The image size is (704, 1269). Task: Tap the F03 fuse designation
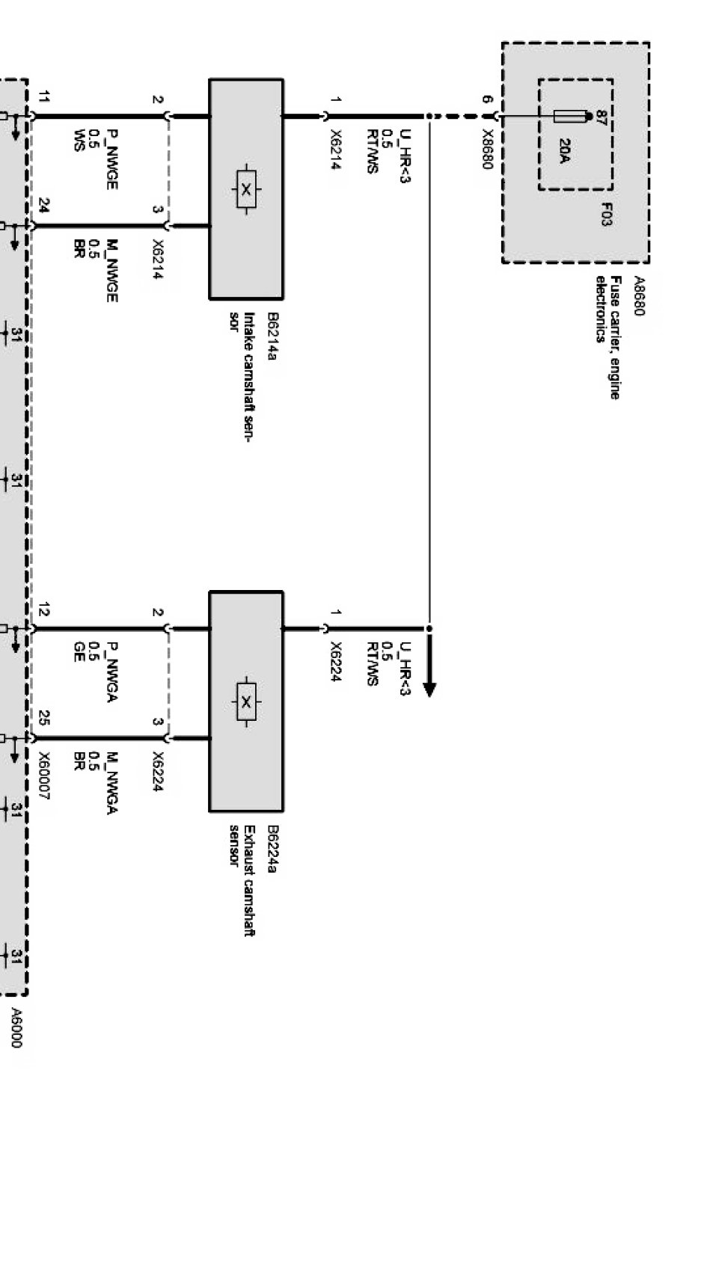(x=606, y=214)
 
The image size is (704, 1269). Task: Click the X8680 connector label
(x=487, y=150)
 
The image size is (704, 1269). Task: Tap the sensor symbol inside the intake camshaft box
(x=246, y=189)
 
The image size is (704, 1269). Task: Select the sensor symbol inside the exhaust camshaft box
(x=246, y=701)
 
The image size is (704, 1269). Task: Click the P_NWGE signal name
(x=111, y=159)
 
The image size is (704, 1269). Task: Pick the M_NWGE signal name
(x=111, y=271)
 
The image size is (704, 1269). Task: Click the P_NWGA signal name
(x=111, y=672)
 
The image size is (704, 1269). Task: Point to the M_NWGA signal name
(x=111, y=784)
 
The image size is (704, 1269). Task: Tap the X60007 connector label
(x=43, y=777)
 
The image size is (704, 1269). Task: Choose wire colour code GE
(x=78, y=648)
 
